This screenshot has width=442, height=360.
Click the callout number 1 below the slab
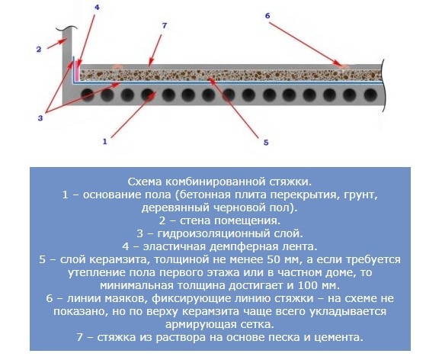click(105, 141)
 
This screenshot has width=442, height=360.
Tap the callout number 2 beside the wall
click(39, 50)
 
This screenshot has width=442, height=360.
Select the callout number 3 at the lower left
click(40, 118)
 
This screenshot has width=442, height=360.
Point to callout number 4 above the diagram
click(97, 8)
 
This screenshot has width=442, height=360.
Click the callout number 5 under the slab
click(266, 143)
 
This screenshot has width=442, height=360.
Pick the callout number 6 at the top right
click(267, 16)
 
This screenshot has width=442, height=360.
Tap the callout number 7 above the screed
click(165, 26)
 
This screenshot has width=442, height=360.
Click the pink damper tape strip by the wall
click(76, 70)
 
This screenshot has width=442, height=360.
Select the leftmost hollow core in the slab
click(88, 95)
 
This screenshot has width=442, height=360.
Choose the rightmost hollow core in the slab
click(370, 95)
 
